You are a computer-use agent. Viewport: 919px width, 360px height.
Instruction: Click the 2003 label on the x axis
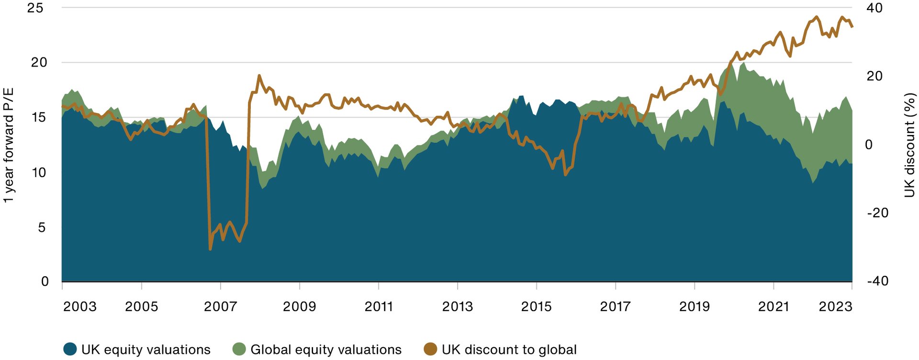pyautogui.click(x=80, y=306)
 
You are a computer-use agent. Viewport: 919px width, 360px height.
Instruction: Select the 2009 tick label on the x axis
pyautogui.click(x=299, y=306)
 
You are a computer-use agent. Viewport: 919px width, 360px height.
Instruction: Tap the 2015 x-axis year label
pyautogui.click(x=536, y=306)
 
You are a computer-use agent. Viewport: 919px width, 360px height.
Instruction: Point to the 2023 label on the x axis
pyautogui.click(x=835, y=306)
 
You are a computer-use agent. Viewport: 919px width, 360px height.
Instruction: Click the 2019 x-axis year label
pyautogui.click(x=694, y=306)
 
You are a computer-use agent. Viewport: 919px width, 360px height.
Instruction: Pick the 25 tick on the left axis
pyautogui.click(x=35, y=8)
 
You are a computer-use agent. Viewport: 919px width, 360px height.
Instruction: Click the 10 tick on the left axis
pyautogui.click(x=39, y=172)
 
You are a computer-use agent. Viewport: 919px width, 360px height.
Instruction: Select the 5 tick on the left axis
pyautogui.click(x=42, y=227)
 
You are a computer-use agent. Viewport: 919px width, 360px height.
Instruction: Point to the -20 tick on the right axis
pyautogui.click(x=878, y=213)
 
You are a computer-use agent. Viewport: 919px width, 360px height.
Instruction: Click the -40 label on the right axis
pyautogui.click(x=878, y=281)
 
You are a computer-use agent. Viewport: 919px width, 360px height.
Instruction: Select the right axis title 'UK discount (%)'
pyautogui.click(x=909, y=145)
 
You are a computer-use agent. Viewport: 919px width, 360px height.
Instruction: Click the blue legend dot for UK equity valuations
pyautogui.click(x=70, y=349)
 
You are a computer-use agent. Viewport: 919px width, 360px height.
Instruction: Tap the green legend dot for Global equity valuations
pyautogui.click(x=239, y=349)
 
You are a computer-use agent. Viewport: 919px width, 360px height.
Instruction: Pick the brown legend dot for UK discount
pyautogui.click(x=430, y=349)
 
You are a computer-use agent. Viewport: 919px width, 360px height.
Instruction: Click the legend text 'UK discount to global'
pyautogui.click(x=509, y=349)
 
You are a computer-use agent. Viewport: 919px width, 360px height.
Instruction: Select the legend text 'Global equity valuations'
pyautogui.click(x=326, y=349)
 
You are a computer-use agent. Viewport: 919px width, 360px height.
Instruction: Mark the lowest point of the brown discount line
pyautogui.click(x=210, y=249)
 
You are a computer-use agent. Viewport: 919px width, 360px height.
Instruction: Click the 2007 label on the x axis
pyautogui.click(x=220, y=306)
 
